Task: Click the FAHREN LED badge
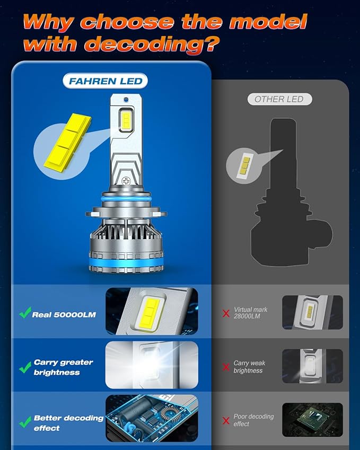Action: pyautogui.click(x=104, y=81)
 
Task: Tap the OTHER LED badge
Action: pyautogui.click(x=279, y=99)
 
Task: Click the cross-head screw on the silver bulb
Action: pyautogui.click(x=127, y=181)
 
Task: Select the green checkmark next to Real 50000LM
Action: pyautogui.click(x=24, y=314)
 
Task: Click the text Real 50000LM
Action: pyautogui.click(x=64, y=315)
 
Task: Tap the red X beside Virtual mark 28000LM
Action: pyautogui.click(x=226, y=314)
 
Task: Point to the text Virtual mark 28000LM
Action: pyautogui.click(x=250, y=313)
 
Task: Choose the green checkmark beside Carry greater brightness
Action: pyautogui.click(x=24, y=367)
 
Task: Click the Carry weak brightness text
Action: pyautogui.click(x=249, y=367)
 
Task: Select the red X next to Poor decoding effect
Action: pyautogui.click(x=226, y=420)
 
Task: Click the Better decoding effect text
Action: pyautogui.click(x=68, y=422)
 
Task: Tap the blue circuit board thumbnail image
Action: pyautogui.click(x=152, y=418)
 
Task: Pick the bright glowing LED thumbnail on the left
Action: pyautogui.click(x=152, y=365)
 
